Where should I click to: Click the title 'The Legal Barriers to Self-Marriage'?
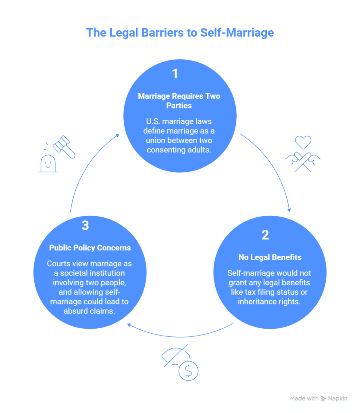click(180, 32)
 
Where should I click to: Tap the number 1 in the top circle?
click(175, 74)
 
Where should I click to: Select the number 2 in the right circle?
click(265, 235)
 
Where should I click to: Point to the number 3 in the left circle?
click(85, 225)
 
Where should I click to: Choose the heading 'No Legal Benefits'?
click(265, 257)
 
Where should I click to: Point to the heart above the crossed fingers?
click(303, 142)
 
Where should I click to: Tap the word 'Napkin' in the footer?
click(338, 398)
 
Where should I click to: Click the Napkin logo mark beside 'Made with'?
click(323, 398)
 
